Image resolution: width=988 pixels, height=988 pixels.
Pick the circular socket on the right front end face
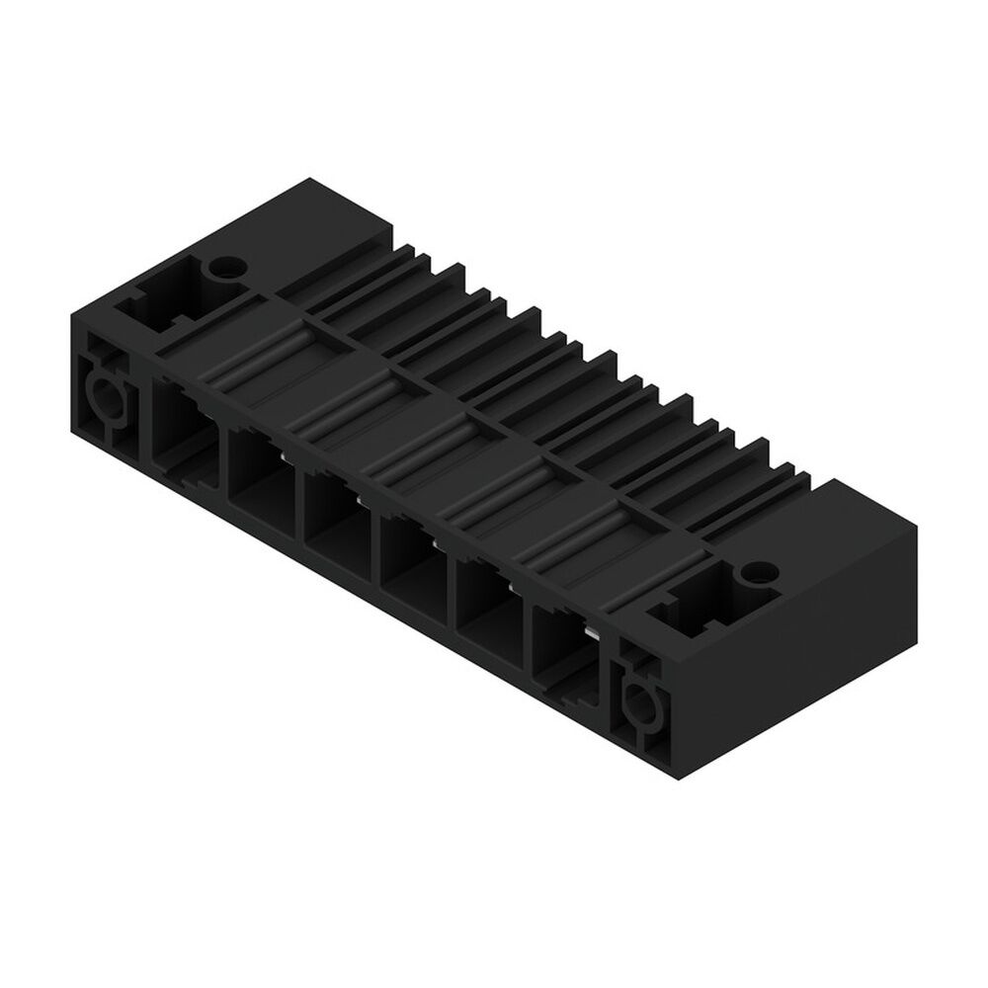(x=640, y=704)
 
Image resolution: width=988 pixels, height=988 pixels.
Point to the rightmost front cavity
(x=561, y=647)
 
